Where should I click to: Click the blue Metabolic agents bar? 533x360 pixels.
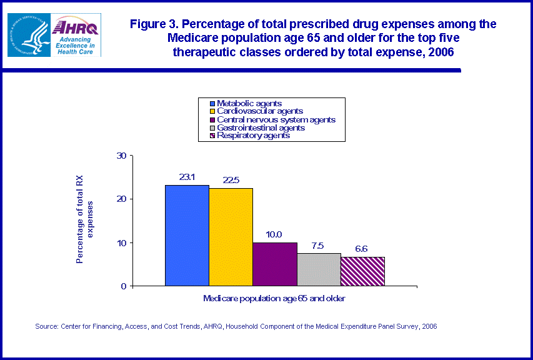(187, 236)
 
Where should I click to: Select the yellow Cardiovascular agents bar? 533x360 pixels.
(231, 237)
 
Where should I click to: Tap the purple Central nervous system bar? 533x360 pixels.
(274, 264)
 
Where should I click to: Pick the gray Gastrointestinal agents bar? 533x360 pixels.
(318, 269)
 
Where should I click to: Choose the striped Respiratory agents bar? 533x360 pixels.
(362, 271)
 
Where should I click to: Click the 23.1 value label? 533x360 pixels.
(187, 177)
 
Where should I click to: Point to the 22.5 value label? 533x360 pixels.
(231, 180)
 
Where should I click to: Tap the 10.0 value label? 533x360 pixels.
(274, 234)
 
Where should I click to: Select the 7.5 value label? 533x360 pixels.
(318, 245)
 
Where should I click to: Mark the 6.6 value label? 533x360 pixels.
(362, 249)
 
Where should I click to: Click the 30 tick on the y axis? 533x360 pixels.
(121, 156)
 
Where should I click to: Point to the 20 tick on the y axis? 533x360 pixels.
(121, 199)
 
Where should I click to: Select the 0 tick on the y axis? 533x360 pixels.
(124, 286)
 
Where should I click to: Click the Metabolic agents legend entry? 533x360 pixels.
(248, 103)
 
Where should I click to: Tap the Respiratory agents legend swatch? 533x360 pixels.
(212, 136)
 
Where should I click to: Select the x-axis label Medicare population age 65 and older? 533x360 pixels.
(274, 299)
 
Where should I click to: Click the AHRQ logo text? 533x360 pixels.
(76, 27)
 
